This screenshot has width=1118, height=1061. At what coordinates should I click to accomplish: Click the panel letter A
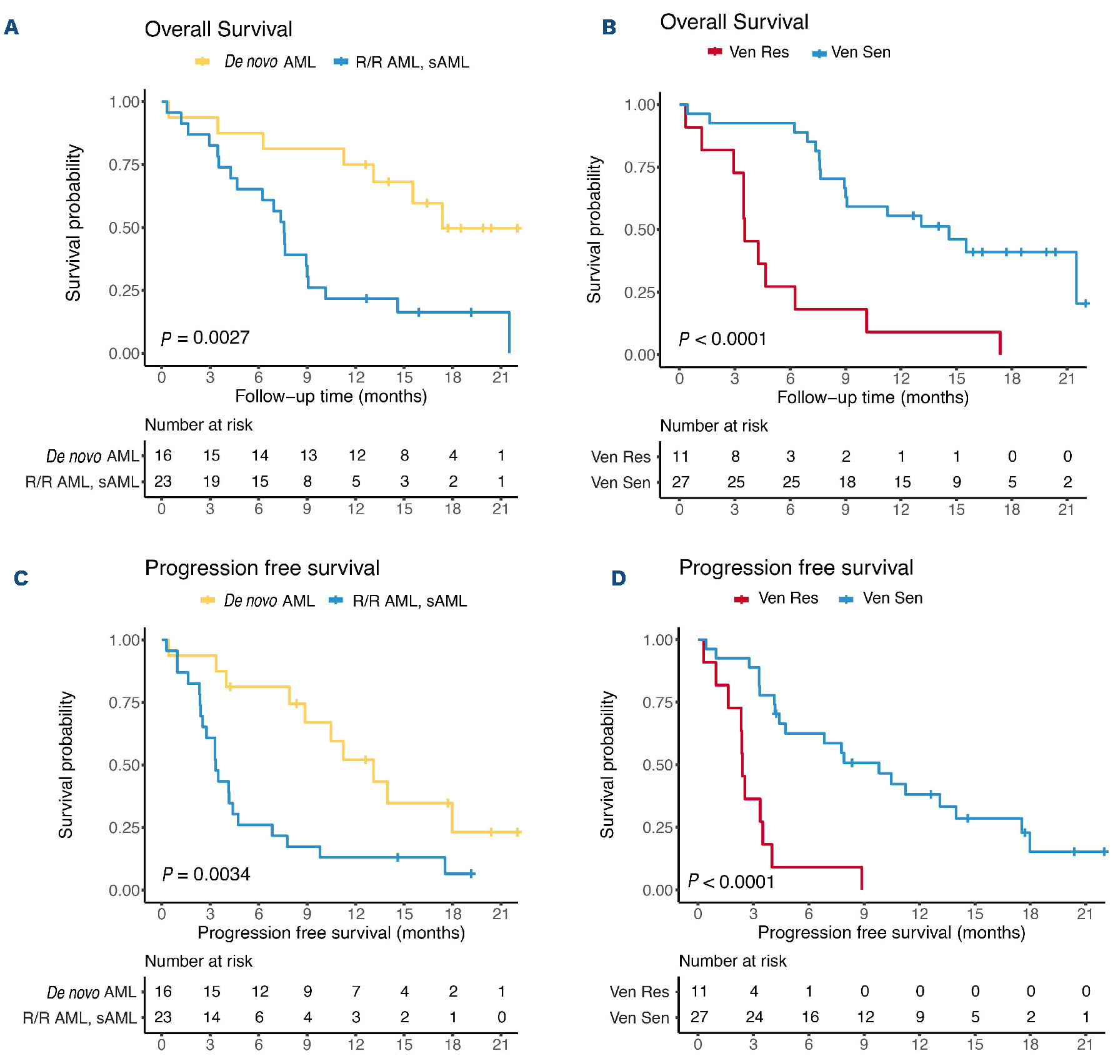[11, 27]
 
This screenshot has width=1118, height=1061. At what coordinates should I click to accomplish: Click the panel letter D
[618, 578]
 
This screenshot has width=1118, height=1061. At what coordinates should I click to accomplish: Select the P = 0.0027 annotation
[205, 338]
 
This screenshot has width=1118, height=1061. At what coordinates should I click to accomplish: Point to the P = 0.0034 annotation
[206, 874]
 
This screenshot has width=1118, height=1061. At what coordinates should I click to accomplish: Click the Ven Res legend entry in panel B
[748, 52]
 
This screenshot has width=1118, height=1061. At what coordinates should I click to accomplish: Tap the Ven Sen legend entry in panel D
[881, 599]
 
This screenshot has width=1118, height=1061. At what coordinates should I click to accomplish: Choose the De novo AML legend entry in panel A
[256, 62]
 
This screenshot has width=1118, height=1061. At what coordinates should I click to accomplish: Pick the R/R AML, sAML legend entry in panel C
[398, 600]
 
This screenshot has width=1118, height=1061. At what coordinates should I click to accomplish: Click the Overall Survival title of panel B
[734, 22]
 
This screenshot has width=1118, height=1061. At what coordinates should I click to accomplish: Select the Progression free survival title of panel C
[262, 568]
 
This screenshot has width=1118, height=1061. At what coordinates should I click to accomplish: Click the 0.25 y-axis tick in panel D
[657, 827]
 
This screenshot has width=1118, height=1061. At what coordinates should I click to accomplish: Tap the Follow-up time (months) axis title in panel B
[872, 397]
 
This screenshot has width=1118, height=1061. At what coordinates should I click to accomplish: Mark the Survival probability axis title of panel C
[66, 764]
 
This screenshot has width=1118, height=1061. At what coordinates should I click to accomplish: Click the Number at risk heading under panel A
[198, 425]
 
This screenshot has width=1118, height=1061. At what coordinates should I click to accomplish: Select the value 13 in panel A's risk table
[308, 456]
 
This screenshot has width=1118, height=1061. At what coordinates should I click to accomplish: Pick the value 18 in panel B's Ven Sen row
[847, 482]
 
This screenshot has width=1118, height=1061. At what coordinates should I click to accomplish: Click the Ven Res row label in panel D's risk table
[639, 992]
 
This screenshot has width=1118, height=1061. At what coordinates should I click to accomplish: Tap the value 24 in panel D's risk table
[754, 1017]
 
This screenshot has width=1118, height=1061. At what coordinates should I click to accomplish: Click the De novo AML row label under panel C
[91, 992]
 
